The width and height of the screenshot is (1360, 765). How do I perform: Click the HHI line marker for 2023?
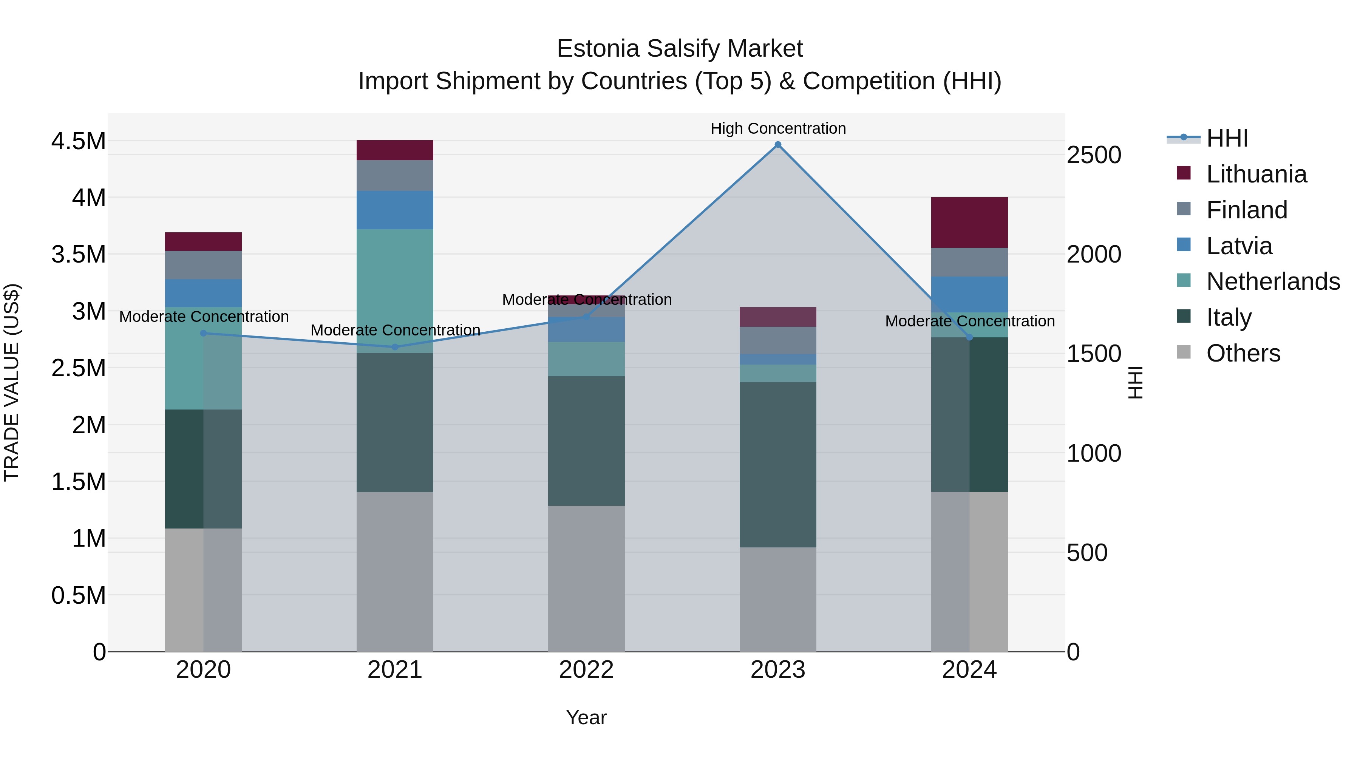click(778, 145)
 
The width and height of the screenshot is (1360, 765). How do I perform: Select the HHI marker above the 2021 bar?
click(395, 347)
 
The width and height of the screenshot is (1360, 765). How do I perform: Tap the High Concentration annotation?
click(778, 128)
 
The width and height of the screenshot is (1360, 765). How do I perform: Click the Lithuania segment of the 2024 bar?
click(969, 222)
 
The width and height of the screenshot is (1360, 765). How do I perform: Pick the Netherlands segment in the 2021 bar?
click(395, 291)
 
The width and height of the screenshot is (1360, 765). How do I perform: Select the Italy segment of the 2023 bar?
click(778, 465)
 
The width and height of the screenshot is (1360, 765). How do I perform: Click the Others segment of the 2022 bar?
click(586, 578)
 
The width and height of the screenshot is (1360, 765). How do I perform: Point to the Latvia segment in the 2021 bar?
click(395, 210)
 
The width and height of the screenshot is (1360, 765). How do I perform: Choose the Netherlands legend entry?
click(1272, 281)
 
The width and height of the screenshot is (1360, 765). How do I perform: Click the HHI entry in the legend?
click(1226, 138)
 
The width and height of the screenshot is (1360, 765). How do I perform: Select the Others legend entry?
click(1243, 353)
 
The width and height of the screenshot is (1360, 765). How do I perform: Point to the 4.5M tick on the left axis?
click(78, 142)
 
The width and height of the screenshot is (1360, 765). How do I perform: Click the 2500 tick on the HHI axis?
click(1093, 155)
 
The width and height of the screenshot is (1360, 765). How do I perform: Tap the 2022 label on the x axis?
click(586, 670)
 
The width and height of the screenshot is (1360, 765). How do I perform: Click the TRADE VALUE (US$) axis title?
click(12, 382)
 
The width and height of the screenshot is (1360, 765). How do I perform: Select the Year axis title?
click(586, 717)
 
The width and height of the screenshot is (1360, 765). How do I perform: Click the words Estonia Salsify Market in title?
click(680, 49)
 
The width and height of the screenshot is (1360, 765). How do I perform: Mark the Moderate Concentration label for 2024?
click(969, 321)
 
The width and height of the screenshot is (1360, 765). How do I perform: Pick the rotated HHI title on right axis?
click(1135, 382)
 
